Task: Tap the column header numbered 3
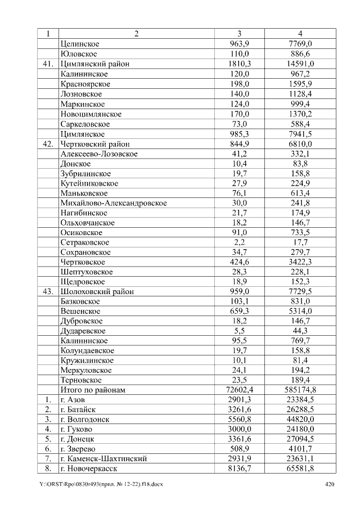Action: click(240, 34)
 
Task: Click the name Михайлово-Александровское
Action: click(113, 202)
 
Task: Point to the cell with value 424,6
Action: click(240, 262)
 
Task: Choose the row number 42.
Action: click(48, 143)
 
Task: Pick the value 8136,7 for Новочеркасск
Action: click(240, 469)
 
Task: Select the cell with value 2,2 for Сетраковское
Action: click(240, 242)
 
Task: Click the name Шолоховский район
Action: click(96, 291)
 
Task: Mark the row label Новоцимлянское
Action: click(91, 114)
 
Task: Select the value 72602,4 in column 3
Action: click(240, 390)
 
